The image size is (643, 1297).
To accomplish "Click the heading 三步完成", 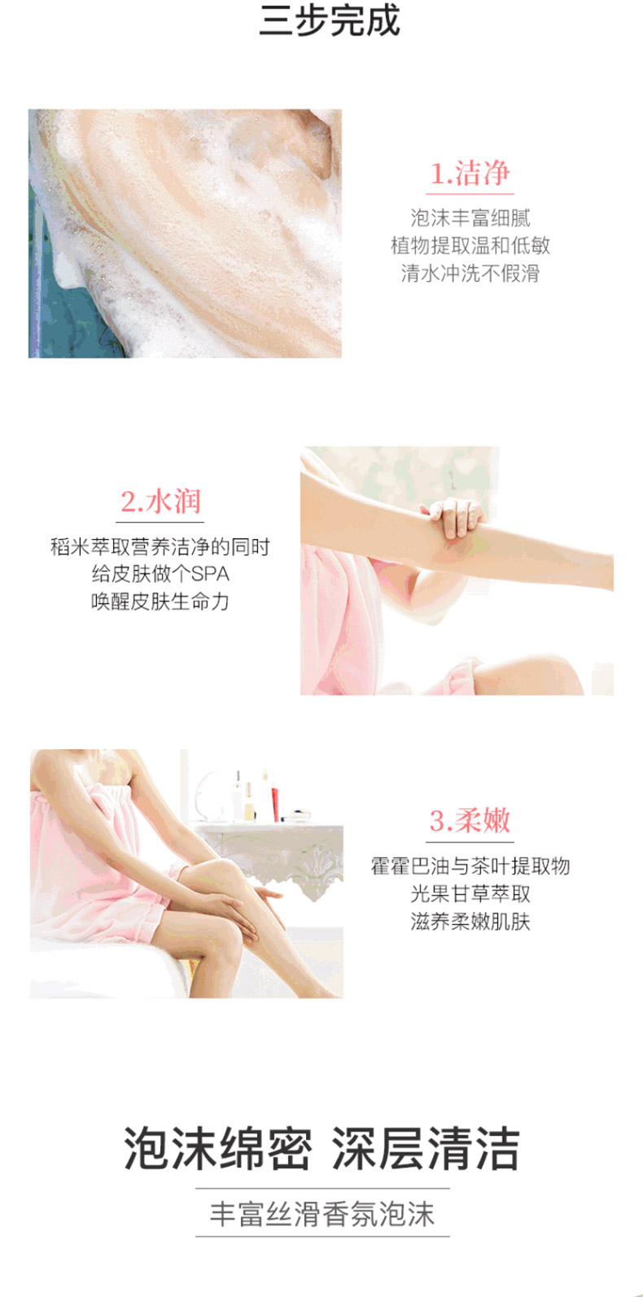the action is pos(330,20).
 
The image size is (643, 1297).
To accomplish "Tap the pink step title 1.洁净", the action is pos(470,173).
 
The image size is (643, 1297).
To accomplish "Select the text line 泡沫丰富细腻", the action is pos(470,217).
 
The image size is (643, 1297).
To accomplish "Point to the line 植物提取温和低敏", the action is pos(470,246).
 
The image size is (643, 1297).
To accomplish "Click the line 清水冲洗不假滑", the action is pos(470,273).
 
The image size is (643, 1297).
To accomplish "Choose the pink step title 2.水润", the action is pos(160,502).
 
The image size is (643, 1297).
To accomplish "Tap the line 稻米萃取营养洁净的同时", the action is pos(160,546).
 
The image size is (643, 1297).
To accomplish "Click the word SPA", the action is pos(210,574).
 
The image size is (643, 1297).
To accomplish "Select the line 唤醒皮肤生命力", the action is pos(160,602).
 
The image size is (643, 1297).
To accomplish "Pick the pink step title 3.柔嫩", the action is pos(470,821).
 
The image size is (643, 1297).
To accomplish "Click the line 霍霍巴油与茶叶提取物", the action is pos(470,866).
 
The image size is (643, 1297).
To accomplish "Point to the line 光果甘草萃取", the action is pos(470,894).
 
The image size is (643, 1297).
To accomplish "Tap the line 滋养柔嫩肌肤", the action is pos(470,921).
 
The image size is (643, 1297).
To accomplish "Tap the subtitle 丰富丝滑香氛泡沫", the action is pos(321,1214).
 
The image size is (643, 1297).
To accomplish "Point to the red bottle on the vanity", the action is pos(274,798).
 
